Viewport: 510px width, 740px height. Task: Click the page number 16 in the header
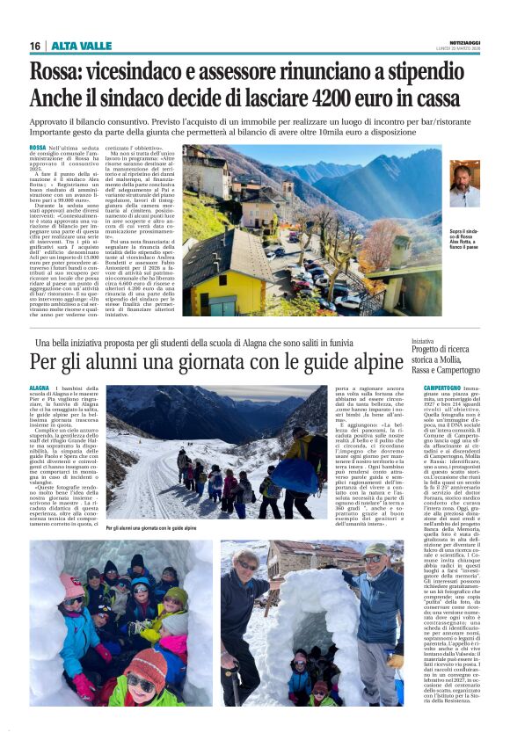point(35,46)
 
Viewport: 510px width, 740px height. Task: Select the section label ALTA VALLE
point(82,46)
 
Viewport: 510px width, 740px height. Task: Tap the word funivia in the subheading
point(381,342)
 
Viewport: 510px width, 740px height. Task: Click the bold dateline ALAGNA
point(40,388)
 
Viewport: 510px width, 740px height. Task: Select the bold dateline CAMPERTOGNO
point(442,388)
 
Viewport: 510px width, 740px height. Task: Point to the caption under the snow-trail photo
point(151,528)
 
